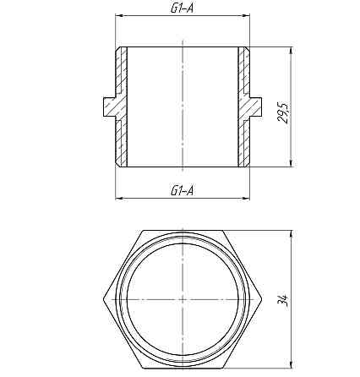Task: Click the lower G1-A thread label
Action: pos(183,190)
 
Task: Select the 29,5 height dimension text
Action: pos(284,112)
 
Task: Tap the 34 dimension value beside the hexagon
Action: pos(284,299)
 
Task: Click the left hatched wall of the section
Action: pos(123,107)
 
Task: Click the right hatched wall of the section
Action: pos(243,107)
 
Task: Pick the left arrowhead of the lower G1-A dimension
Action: pos(118,199)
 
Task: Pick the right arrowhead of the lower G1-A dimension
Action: pos(248,199)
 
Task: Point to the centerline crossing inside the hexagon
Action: pos(183,298)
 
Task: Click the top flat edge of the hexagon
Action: pos(183,229)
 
